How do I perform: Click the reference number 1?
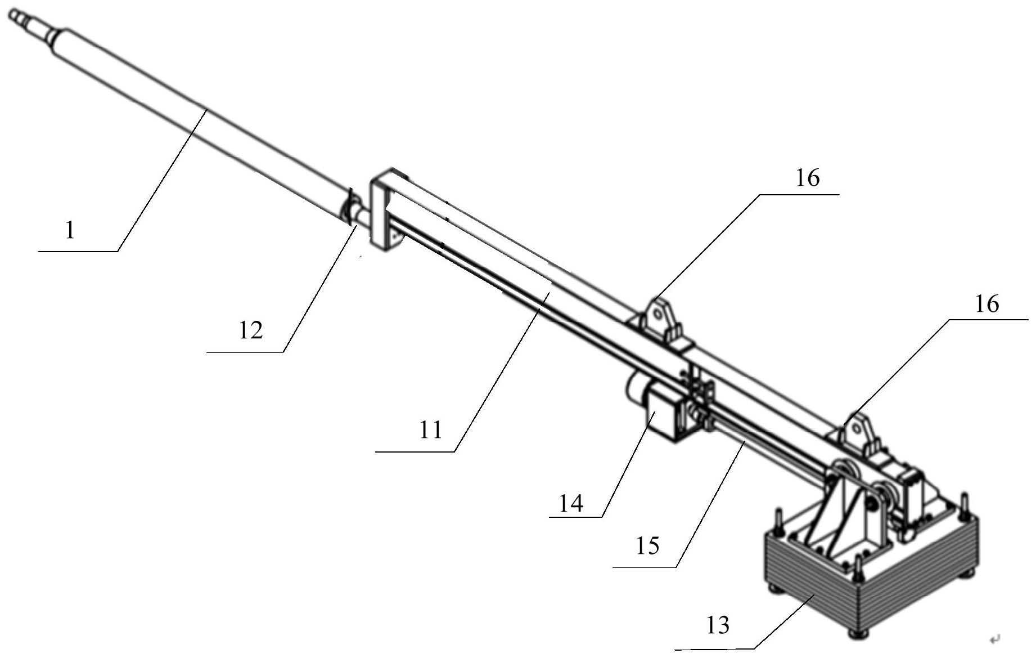(70, 231)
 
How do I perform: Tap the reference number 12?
(251, 330)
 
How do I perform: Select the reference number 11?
(431, 431)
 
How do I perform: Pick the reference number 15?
(647, 545)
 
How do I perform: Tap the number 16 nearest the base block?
(987, 304)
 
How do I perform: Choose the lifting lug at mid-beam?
(659, 319)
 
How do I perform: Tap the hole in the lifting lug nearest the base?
(856, 429)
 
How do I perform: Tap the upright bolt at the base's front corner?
(857, 570)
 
